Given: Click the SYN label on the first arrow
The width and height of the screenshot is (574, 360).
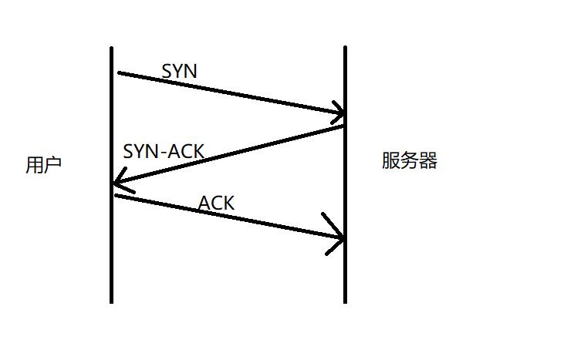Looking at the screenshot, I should tap(179, 71).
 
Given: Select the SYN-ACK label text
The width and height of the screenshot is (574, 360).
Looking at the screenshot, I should tap(164, 151).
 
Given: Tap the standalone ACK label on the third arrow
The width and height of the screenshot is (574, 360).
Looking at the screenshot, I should tap(216, 204).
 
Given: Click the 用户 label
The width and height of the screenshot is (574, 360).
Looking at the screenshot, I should tap(43, 165).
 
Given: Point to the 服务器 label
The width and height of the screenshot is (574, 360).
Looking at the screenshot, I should tap(409, 160).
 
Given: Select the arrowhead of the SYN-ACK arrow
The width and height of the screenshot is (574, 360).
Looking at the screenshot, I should tap(115, 183).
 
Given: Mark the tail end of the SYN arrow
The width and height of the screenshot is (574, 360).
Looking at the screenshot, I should tap(120, 73).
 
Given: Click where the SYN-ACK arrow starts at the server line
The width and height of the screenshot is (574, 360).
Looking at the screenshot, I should tap(343, 126).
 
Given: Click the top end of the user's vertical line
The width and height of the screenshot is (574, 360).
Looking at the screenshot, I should tap(112, 49).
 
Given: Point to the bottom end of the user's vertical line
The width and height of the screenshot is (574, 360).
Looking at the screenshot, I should tap(112, 301).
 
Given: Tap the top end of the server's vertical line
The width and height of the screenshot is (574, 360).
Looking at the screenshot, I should tap(345, 47).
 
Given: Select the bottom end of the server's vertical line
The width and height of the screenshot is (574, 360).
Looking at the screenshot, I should tap(345, 301).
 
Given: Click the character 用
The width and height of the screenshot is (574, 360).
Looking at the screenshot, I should tap(35, 165).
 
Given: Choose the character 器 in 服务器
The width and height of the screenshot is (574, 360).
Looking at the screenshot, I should tap(428, 160).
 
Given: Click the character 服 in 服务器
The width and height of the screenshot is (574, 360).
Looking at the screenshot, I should tap(390, 160).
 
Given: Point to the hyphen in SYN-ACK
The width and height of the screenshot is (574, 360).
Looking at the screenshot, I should tap(163, 153).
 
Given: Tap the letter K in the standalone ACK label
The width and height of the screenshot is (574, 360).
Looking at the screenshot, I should tap(228, 204).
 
